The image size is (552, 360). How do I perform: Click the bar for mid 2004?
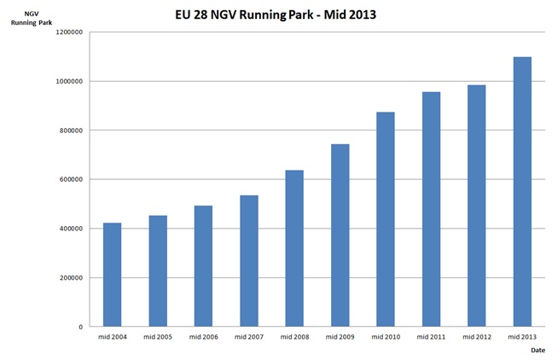[x=113, y=275]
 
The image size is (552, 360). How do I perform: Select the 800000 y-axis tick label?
[x=71, y=131]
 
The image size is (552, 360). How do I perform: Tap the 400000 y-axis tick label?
[x=71, y=229]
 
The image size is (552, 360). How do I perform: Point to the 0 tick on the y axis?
[x=81, y=327]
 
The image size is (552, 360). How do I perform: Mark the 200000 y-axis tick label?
[x=71, y=278]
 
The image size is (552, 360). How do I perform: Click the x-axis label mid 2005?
[x=158, y=337]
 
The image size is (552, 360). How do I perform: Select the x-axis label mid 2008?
[x=294, y=337]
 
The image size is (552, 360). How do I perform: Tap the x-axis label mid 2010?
[x=385, y=337]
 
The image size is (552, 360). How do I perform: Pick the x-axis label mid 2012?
[x=476, y=337]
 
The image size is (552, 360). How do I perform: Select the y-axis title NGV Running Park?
[x=29, y=18]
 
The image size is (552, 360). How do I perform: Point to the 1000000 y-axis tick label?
[x=68, y=82]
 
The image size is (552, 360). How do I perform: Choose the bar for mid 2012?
[x=476, y=206]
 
